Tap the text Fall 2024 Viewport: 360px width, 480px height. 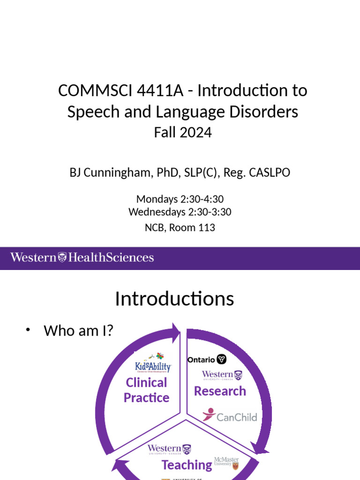pyautogui.click(x=183, y=133)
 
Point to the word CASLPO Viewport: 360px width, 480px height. pyautogui.click(x=270, y=172)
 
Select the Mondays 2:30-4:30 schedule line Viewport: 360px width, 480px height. pyautogui.click(x=180, y=199)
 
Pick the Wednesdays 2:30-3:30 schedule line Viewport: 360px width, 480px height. pyautogui.click(x=180, y=212)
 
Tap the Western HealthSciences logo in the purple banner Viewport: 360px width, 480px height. pyautogui.click(x=82, y=257)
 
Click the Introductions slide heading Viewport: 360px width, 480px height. pyautogui.click(x=174, y=299)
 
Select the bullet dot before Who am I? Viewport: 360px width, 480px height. pyautogui.click(x=28, y=330)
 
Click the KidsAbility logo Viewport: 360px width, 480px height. pyautogui.click(x=153, y=364)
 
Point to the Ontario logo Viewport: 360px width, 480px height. pyautogui.click(x=207, y=360)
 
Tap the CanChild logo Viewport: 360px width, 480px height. pyautogui.click(x=230, y=416)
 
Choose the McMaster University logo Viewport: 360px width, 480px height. pyautogui.click(x=226, y=463)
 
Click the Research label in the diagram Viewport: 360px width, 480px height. pyautogui.click(x=220, y=391)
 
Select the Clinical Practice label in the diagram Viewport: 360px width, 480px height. pyautogui.click(x=146, y=390)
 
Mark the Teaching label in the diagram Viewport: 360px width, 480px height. pyautogui.click(x=187, y=465)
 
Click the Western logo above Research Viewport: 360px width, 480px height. pyautogui.click(x=222, y=375)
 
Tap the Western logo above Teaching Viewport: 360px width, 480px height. pyautogui.click(x=169, y=450)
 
